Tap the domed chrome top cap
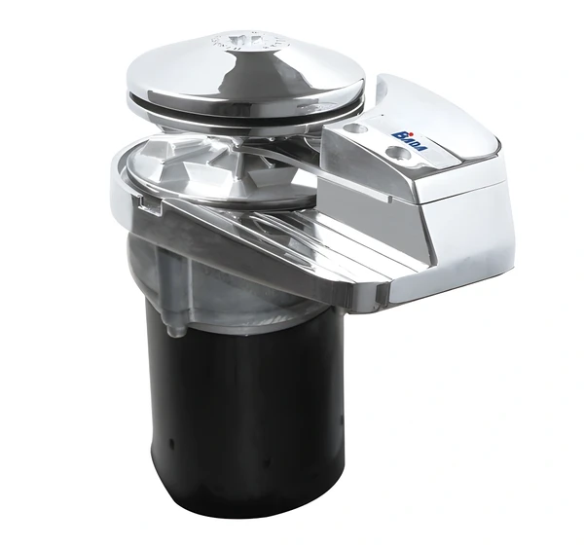(243, 68)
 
